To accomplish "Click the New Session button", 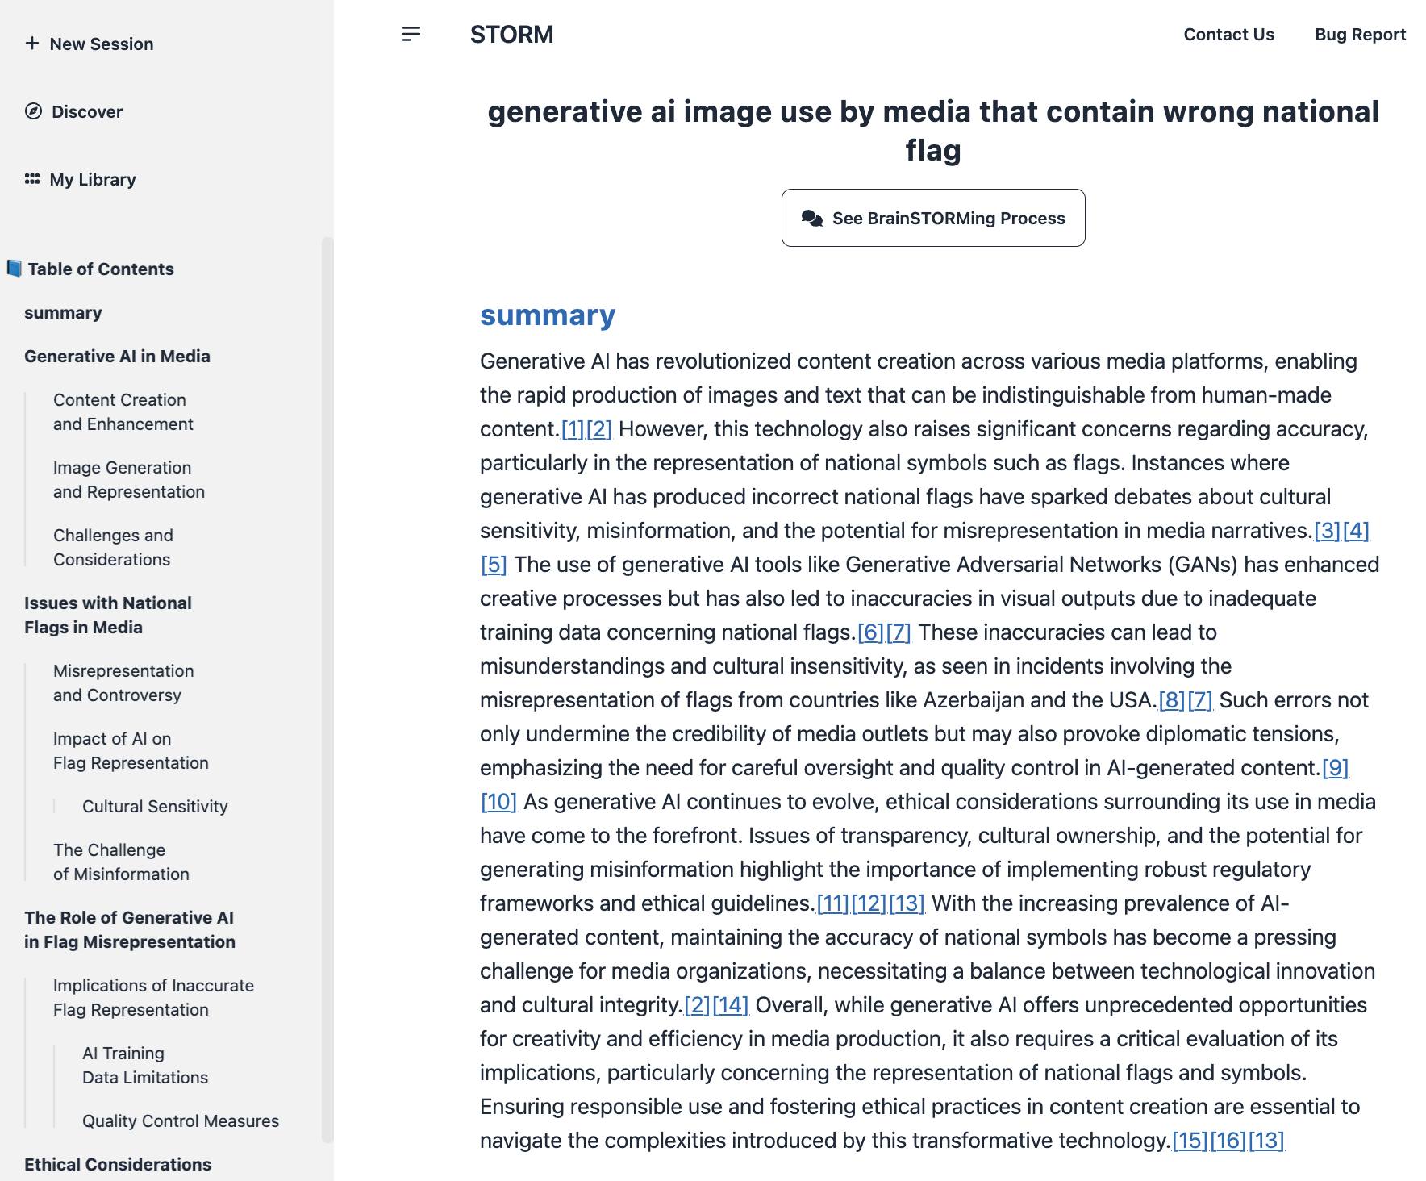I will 90,44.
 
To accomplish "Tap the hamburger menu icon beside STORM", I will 411,34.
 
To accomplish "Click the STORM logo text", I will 511,35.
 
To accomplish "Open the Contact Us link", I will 1228,35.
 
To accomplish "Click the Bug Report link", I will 1360,35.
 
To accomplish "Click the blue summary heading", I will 548,315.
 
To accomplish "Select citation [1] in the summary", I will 572,429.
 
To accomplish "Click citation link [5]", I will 494,565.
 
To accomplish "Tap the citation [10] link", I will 498,802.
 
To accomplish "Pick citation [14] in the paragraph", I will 730,1005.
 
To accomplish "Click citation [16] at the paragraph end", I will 1228,1141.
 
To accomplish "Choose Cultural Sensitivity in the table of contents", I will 155,807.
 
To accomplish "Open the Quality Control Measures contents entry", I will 181,1121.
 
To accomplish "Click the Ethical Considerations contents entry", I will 118,1165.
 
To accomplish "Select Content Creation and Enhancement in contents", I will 123,412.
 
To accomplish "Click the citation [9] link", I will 1335,768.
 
